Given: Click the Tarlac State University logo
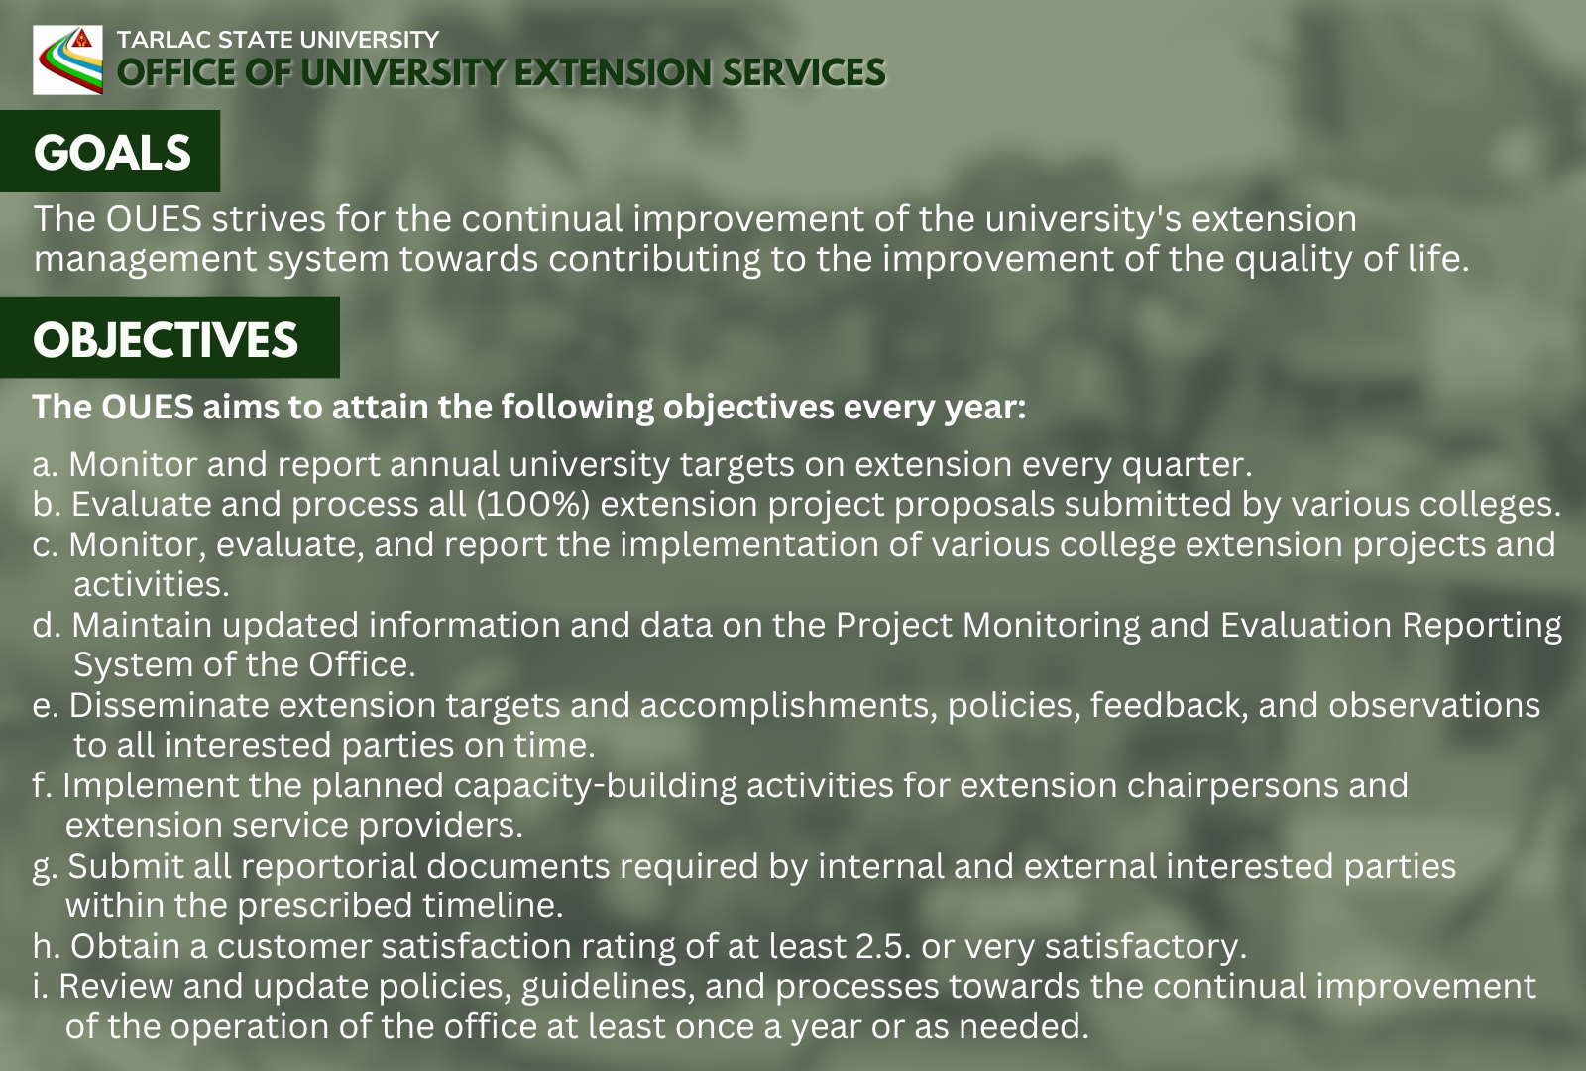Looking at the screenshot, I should tap(67, 59).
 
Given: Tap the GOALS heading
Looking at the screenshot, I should tap(112, 153).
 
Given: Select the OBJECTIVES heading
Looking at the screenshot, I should tap(166, 339).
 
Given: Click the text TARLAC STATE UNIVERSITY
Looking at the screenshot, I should tap(278, 40).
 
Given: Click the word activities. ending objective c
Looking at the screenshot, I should tap(152, 585).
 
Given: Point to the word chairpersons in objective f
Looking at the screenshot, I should tap(1229, 785).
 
